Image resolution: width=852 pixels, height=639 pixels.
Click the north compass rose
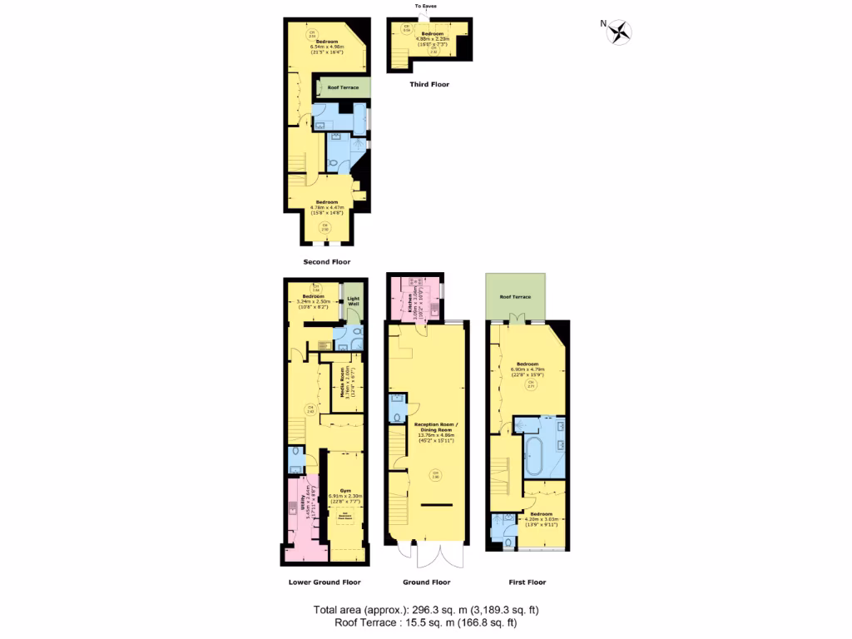click(x=619, y=32)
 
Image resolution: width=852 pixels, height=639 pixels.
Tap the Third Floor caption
click(x=429, y=84)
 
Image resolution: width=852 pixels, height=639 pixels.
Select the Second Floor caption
click(x=326, y=262)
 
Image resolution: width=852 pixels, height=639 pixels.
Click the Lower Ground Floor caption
click(x=324, y=582)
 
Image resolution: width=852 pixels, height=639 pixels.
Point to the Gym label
click(x=345, y=491)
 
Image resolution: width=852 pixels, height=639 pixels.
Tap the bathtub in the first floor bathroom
click(x=534, y=458)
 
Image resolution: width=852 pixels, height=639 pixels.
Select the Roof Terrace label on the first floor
click(x=516, y=296)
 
